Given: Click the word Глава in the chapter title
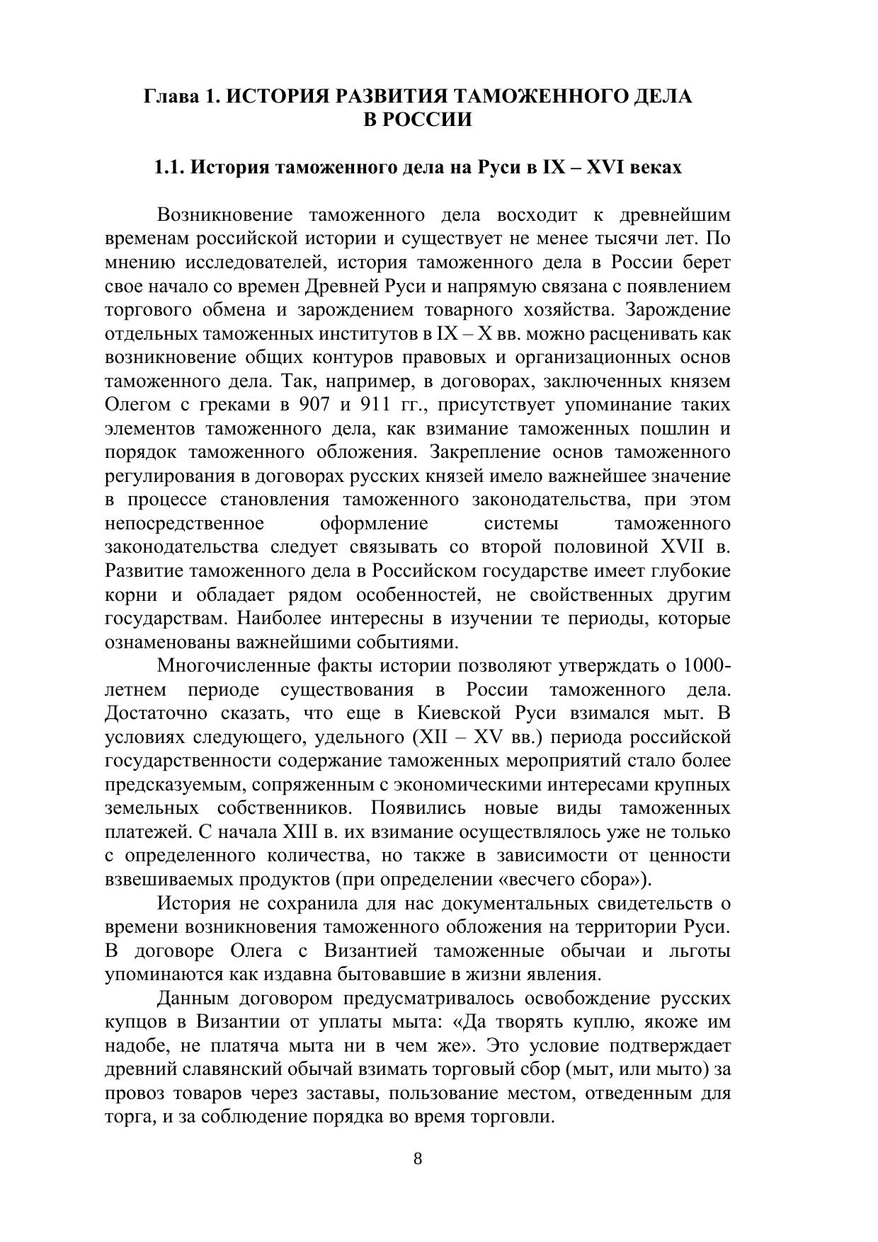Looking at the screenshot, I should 169,96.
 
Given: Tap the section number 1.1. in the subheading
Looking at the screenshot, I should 170,168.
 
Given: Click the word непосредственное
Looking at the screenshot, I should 185,524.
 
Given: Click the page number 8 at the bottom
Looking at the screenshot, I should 418,1158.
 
